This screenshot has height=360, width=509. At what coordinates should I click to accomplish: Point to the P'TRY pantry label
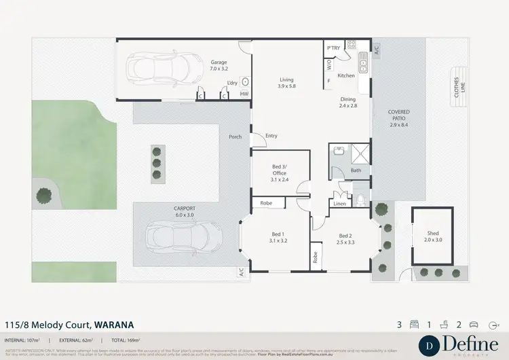coord(333,48)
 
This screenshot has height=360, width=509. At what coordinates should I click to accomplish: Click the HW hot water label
coord(244,93)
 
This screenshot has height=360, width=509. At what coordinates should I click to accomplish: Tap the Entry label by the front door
coord(271,136)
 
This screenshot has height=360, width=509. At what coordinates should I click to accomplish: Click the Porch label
coord(235,137)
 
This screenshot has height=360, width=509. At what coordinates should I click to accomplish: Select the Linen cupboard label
coord(339,204)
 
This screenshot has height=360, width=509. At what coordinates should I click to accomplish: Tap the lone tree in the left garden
coord(44,196)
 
